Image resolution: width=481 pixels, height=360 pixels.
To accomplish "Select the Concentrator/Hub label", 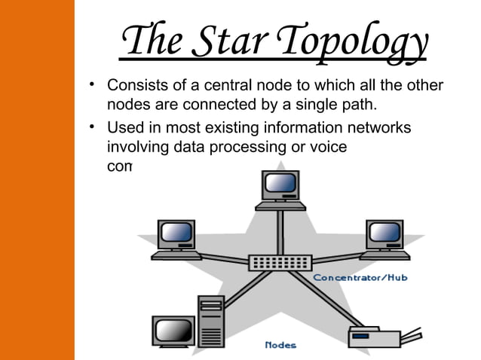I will pyautogui.click(x=360, y=277).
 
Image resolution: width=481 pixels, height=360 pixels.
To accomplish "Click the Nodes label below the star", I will pyautogui.click(x=280, y=345).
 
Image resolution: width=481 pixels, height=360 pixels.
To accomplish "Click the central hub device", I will pyautogui.click(x=280, y=262).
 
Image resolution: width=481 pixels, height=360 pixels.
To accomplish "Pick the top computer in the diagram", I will pyautogui.click(x=280, y=190).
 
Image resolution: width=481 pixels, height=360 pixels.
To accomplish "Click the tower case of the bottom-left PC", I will pyautogui.click(x=211, y=320).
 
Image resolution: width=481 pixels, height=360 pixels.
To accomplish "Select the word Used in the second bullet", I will pyautogui.click(x=124, y=127).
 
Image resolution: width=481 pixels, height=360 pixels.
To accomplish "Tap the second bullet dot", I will pyautogui.click(x=91, y=126).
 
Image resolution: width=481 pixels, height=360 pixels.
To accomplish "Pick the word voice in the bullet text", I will pyautogui.click(x=327, y=147).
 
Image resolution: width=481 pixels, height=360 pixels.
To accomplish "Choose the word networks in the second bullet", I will pyautogui.click(x=379, y=127).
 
